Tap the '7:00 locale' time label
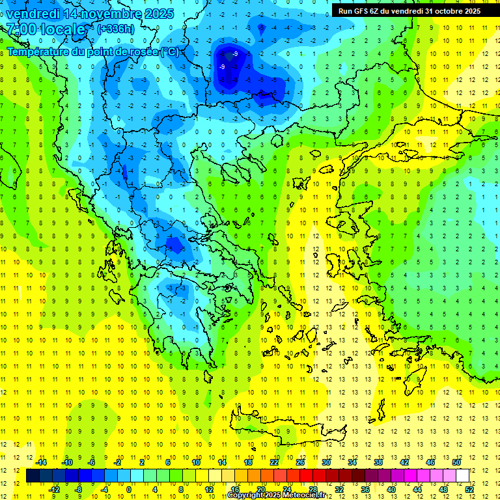(46, 29)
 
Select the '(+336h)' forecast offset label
(116, 29)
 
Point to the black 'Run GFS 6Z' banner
(410, 10)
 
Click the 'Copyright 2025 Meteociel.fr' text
(285, 495)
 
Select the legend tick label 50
(456, 462)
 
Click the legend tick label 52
(469, 490)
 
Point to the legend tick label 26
(300, 462)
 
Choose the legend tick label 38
(378, 462)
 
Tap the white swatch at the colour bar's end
(462, 476)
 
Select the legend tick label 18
(248, 462)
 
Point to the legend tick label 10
(196, 462)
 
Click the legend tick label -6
(92, 462)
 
